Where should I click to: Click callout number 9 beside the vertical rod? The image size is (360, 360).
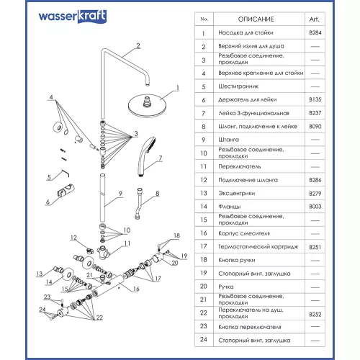[x=120, y=192]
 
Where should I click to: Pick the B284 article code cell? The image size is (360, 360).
[x=315, y=32]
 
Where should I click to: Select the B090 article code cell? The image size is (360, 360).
[x=315, y=125]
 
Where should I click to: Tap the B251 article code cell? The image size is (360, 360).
[x=315, y=246]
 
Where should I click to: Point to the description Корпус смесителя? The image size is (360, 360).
[x=247, y=233]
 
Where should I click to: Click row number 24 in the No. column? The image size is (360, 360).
[x=204, y=338]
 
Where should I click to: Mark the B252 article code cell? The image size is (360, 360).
[x=315, y=314]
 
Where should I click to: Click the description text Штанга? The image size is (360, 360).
[x=233, y=139]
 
